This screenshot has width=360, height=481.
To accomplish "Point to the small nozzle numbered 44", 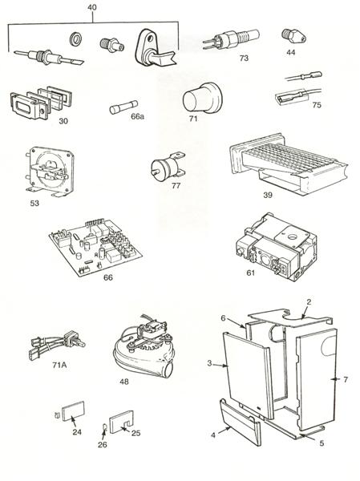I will click(x=289, y=36).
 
